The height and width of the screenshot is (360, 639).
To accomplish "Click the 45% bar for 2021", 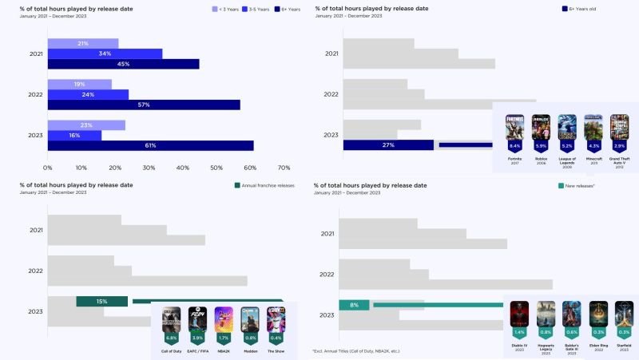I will click(x=123, y=64).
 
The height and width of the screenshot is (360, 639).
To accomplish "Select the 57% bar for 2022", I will click(x=144, y=105).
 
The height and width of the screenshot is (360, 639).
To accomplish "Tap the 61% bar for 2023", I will click(x=150, y=145).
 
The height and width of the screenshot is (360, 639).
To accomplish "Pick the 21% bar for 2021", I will click(x=83, y=43).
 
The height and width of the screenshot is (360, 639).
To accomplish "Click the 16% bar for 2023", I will click(x=74, y=135).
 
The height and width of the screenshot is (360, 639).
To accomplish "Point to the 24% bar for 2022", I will click(x=88, y=94).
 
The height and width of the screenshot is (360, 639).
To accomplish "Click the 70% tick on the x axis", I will click(x=284, y=168).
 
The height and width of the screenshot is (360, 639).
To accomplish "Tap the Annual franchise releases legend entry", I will click(x=264, y=185).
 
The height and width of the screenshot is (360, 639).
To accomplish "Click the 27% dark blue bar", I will click(x=388, y=144).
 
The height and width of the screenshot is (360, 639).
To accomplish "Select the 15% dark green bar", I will click(x=101, y=301).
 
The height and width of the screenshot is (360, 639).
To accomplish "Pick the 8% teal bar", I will click(x=354, y=305).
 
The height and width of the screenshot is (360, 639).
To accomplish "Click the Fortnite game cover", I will click(x=514, y=127).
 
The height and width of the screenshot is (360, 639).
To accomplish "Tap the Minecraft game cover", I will click(x=593, y=127).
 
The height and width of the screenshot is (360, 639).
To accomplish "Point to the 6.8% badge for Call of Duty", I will click(x=171, y=338).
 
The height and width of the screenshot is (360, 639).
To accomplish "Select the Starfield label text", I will click(x=624, y=346).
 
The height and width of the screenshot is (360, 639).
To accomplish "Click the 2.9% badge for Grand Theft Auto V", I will click(x=619, y=147).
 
